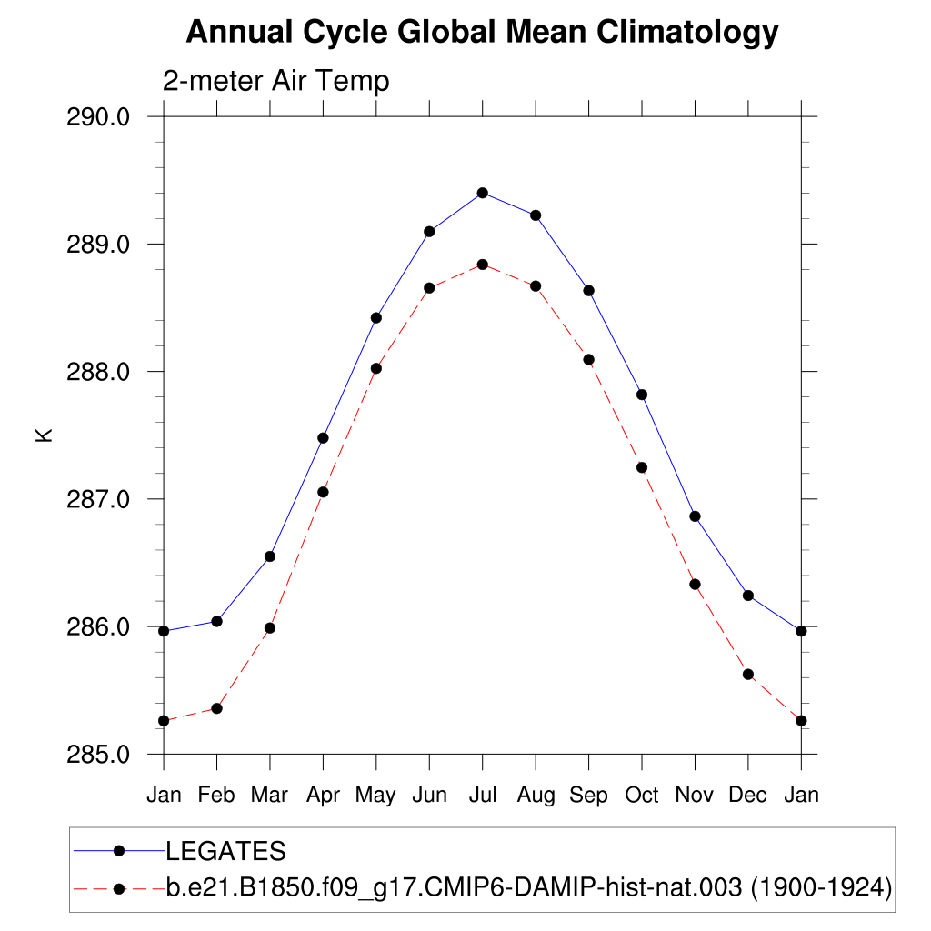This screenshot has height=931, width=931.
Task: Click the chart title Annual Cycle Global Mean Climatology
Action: click(x=482, y=33)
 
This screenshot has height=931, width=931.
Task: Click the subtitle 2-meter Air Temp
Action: click(x=275, y=81)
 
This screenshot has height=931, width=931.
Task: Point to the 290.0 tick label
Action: click(x=99, y=117)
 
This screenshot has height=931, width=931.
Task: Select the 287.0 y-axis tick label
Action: click(x=99, y=499)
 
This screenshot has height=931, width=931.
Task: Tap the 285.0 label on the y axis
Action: click(x=99, y=755)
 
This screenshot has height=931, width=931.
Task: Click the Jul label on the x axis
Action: click(x=482, y=796)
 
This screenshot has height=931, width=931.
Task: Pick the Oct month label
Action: click(x=641, y=796)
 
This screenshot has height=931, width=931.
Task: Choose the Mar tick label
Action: click(x=269, y=796)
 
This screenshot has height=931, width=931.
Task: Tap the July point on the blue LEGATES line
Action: click(x=483, y=193)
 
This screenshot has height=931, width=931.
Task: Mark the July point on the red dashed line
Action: click(x=483, y=265)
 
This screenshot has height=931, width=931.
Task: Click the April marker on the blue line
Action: click(x=323, y=438)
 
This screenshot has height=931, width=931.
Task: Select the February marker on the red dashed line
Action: click(x=216, y=708)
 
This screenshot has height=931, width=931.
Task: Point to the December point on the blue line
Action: click(x=748, y=596)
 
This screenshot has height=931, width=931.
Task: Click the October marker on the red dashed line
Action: click(x=642, y=467)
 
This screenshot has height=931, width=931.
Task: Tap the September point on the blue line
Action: click(x=589, y=291)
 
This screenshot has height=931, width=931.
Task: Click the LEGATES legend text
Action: click(x=225, y=852)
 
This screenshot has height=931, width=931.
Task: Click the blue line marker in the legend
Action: click(x=118, y=851)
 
